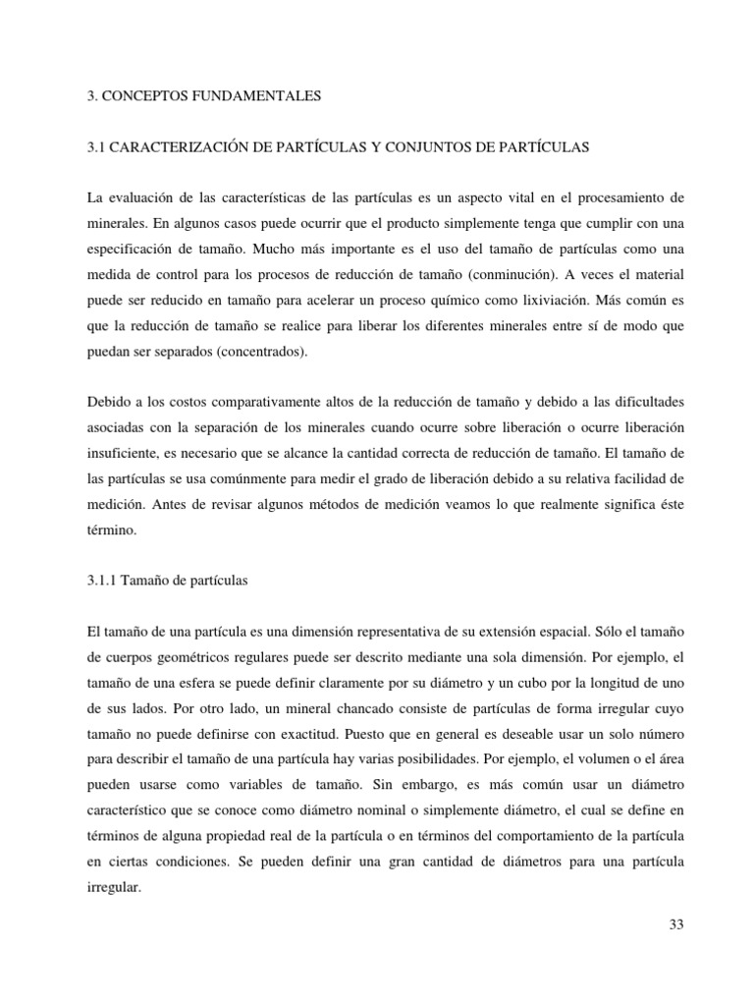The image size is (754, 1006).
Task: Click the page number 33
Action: (x=674, y=924)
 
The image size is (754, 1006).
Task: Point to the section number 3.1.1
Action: (x=105, y=581)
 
